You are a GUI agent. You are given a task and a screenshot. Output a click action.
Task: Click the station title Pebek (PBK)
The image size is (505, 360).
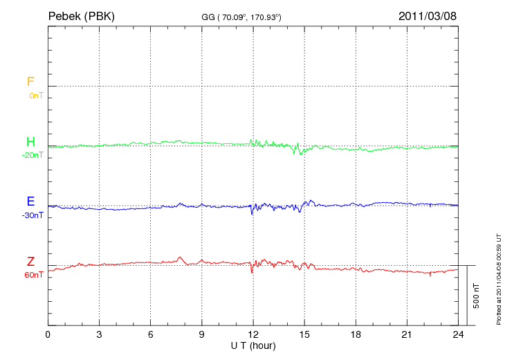pos(80,15)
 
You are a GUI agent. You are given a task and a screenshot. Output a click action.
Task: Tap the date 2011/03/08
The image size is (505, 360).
pos(428,15)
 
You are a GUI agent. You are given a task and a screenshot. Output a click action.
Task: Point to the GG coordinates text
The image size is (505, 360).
pos(241,17)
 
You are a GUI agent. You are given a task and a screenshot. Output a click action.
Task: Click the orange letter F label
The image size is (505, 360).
pos(30,82)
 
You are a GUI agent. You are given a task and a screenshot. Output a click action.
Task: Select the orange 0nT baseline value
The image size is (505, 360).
pos(35,96)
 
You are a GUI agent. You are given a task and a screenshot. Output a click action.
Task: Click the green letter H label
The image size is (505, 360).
pos(30,142)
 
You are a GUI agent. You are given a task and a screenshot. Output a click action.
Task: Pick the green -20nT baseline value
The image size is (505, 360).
pos(32,155)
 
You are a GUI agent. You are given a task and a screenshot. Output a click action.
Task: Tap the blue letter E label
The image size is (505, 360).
pos(30,202)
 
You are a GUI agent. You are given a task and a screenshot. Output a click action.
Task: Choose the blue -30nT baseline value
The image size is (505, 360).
pos(32,215)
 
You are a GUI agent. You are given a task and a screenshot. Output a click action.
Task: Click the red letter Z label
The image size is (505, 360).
pos(30,262)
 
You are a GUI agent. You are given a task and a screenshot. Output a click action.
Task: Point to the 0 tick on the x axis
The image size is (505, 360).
pos(48,334)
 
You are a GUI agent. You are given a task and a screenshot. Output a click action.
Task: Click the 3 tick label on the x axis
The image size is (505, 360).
pos(100,334)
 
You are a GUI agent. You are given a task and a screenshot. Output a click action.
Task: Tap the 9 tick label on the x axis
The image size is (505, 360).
pos(202,334)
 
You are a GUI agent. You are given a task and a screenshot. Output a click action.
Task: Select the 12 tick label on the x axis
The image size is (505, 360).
pos(253,334)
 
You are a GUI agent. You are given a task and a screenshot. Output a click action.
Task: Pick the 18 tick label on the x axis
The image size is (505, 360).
pos(356,334)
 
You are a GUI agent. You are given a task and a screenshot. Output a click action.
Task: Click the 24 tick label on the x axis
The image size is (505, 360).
pos(458,334)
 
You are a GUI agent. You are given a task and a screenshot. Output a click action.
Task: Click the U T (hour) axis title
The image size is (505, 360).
pos(253,345)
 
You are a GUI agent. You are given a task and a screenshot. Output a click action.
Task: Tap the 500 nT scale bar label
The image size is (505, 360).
pos(477,296)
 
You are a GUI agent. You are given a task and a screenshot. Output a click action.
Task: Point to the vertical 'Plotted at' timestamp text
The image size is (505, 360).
pos(499,278)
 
